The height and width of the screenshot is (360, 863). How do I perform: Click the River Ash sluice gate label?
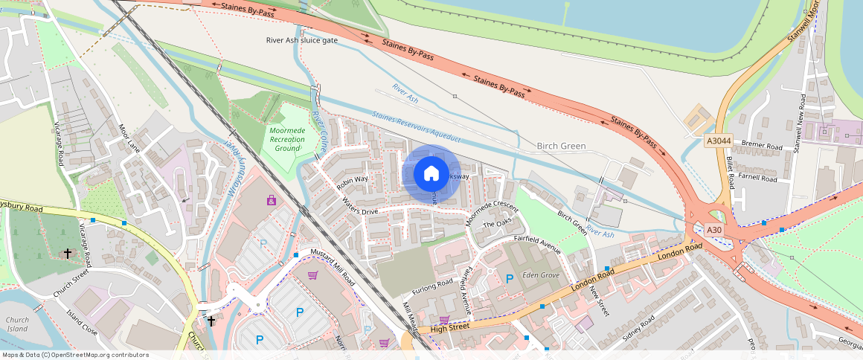pos(302,40)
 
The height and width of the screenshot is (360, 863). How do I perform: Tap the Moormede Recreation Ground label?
pos(286,139)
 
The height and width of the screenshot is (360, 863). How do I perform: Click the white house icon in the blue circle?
pos(431,174)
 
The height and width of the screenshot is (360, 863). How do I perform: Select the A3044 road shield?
pos(717,140)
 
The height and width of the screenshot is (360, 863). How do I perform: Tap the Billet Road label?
pos(731,171)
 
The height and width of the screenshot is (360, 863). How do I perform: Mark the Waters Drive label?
pos(360,206)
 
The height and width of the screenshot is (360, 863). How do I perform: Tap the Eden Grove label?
pos(541,275)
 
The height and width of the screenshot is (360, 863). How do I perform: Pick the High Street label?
pos(451,327)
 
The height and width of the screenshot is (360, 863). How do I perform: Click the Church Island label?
pos(16,324)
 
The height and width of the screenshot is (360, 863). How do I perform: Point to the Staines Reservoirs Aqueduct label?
pos(417,127)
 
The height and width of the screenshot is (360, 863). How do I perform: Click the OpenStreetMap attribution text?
pos(75,355)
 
